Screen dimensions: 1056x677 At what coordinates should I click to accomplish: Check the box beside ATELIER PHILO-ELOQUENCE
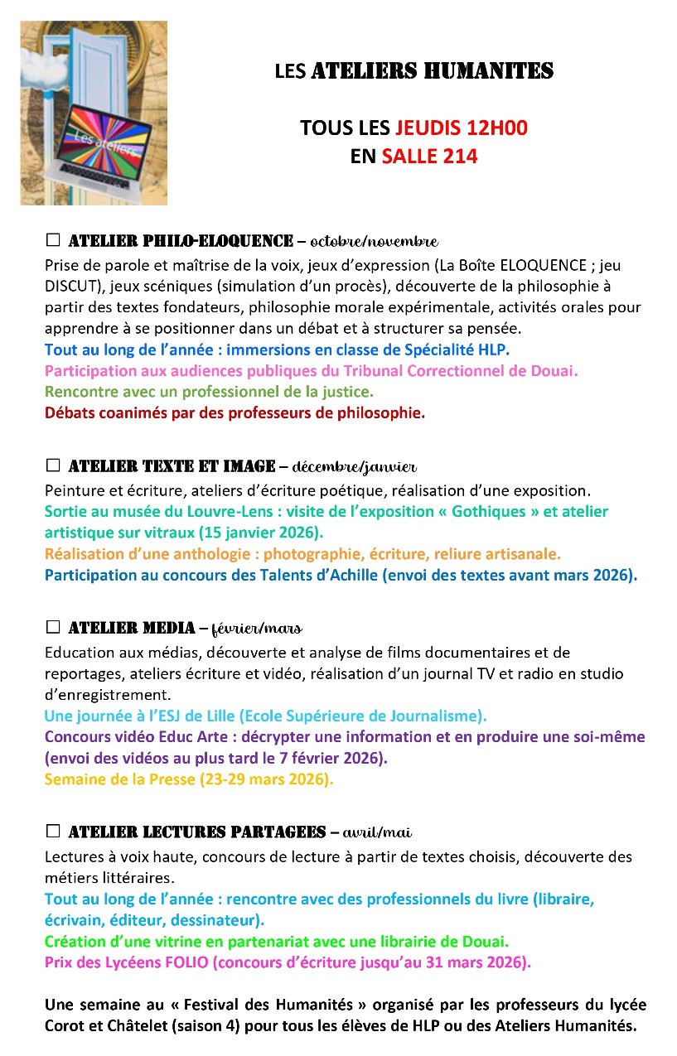click(53, 241)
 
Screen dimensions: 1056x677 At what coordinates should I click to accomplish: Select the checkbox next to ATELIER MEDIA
click(53, 627)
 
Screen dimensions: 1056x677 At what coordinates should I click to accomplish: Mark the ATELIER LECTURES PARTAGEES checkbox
click(53, 831)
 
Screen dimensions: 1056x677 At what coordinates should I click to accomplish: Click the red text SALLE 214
click(429, 157)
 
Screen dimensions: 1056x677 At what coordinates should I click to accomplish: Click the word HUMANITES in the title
click(488, 72)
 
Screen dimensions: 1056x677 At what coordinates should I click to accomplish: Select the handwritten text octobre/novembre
click(374, 242)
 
